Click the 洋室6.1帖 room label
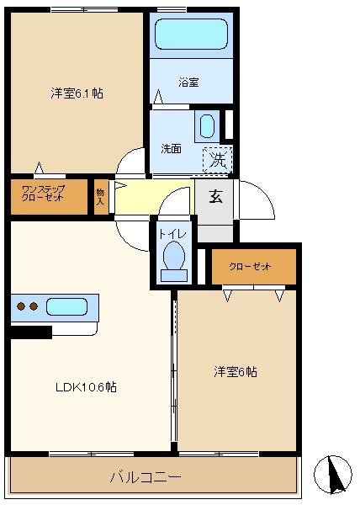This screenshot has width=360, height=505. click(x=77, y=93)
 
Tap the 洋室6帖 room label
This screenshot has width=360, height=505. click(x=236, y=372)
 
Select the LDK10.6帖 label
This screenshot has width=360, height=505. click(x=87, y=387)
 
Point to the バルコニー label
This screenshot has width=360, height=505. click(x=146, y=476)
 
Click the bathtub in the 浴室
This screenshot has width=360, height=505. click(x=191, y=34)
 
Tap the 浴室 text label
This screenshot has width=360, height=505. click(x=188, y=82)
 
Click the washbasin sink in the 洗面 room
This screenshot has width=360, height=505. click(x=207, y=126)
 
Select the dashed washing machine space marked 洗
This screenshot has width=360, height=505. click(x=218, y=160)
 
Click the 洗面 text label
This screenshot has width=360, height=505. click(x=171, y=149)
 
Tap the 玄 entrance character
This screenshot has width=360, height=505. click(x=215, y=196)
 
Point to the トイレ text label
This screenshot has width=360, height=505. click(x=172, y=234)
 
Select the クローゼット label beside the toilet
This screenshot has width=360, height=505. click(x=250, y=267)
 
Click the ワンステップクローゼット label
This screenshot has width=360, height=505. click(x=42, y=194)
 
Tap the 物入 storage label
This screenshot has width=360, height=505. click(x=100, y=197)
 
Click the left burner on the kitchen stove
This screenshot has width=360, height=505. click(x=21, y=306)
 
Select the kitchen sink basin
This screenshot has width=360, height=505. click(x=67, y=306)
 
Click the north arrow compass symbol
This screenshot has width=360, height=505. click(x=333, y=475)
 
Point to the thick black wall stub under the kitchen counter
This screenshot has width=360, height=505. click(x=31, y=332)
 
